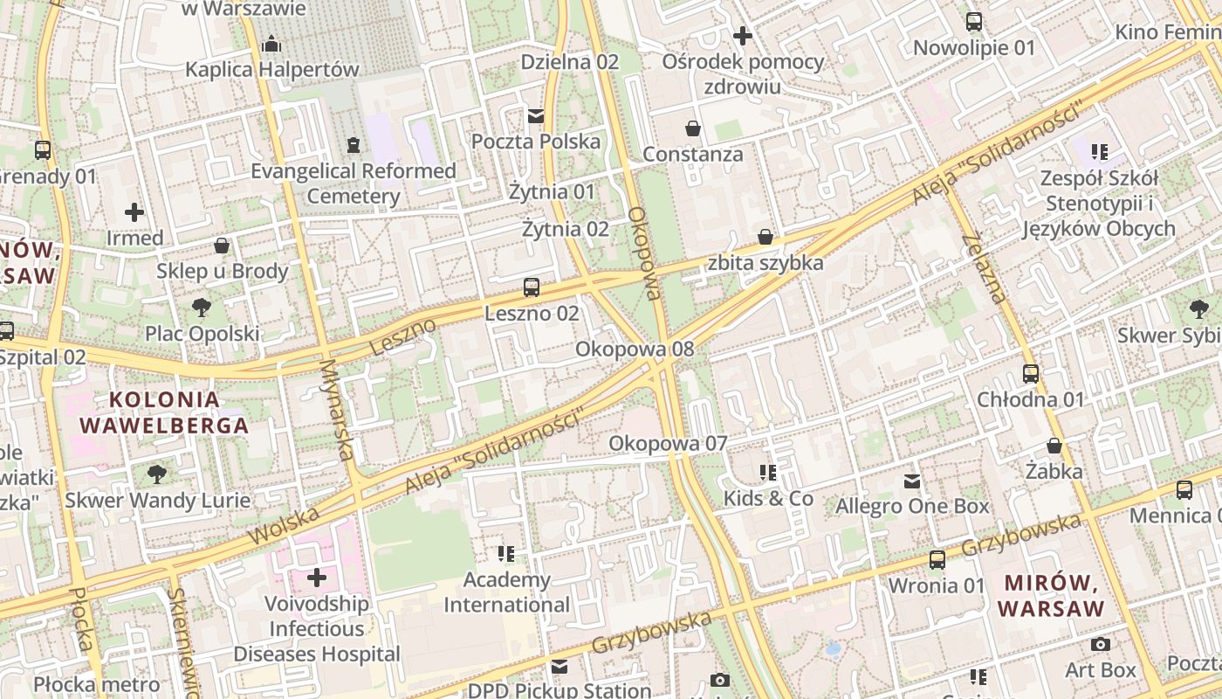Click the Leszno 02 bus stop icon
531,287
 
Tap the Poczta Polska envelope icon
535,115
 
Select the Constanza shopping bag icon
693,128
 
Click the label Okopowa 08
635,349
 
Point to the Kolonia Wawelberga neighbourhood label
164,412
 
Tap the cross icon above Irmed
134,212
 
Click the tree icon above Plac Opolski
202,308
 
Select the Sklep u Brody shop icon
222,246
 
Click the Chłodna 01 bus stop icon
1031,374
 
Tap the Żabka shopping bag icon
1054,446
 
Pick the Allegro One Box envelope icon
912,481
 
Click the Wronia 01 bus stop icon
937,559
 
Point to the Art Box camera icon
1101,644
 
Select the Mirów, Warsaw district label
1051,595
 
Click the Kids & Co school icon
768,473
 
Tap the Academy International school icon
506,553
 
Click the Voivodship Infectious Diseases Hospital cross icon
317,578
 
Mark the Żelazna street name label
983,268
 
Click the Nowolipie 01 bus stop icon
973,22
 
